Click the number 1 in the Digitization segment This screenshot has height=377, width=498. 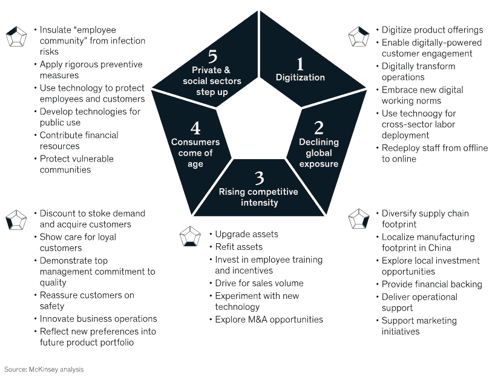point(300,64)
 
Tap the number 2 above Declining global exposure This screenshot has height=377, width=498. point(319,128)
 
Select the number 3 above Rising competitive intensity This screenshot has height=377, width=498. point(259,177)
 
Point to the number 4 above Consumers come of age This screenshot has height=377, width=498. point(195,128)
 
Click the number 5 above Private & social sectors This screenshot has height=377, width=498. point(212,57)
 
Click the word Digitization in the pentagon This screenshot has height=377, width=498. point(300,77)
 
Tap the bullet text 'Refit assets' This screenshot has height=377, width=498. point(239,247)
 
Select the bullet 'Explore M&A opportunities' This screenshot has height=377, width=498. point(269,320)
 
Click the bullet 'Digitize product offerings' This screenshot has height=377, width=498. point(432,30)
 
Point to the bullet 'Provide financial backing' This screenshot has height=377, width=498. point(431,284)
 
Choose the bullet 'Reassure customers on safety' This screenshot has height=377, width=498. point(87,301)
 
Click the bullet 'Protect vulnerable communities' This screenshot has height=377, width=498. point(76,164)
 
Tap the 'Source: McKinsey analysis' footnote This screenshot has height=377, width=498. point(44,369)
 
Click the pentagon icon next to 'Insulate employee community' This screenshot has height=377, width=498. point(16,36)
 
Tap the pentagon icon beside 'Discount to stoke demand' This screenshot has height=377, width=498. point(16,219)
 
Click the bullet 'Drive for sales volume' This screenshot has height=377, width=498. point(259,283)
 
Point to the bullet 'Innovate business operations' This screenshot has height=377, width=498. point(98,319)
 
